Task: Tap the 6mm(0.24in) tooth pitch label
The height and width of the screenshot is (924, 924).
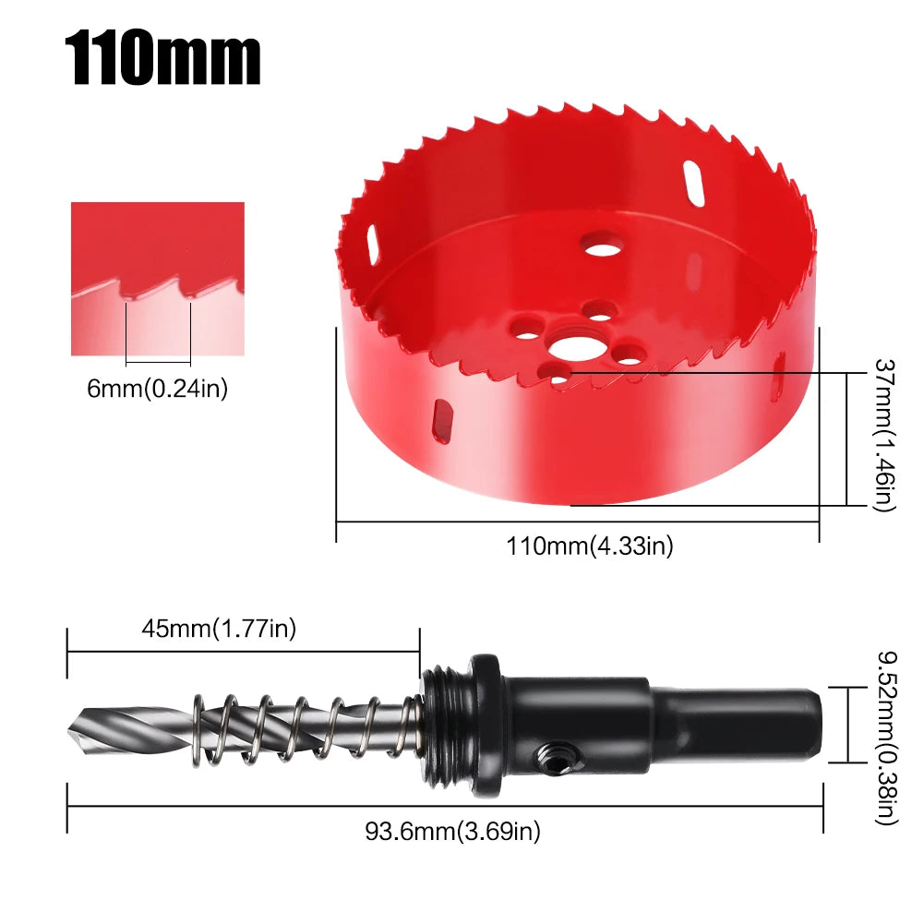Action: [x=157, y=389]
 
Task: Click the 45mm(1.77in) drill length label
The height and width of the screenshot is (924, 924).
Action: [x=219, y=630]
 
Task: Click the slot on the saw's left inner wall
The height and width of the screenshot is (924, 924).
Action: [x=371, y=246]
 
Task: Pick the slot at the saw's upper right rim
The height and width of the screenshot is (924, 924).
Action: [x=694, y=183]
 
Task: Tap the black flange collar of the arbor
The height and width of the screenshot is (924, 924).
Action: [x=486, y=726]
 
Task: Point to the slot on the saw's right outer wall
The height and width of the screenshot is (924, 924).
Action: [x=778, y=378]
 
